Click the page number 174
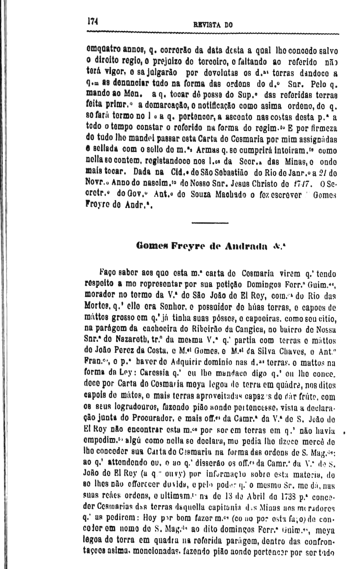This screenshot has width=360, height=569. tap(92, 20)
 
